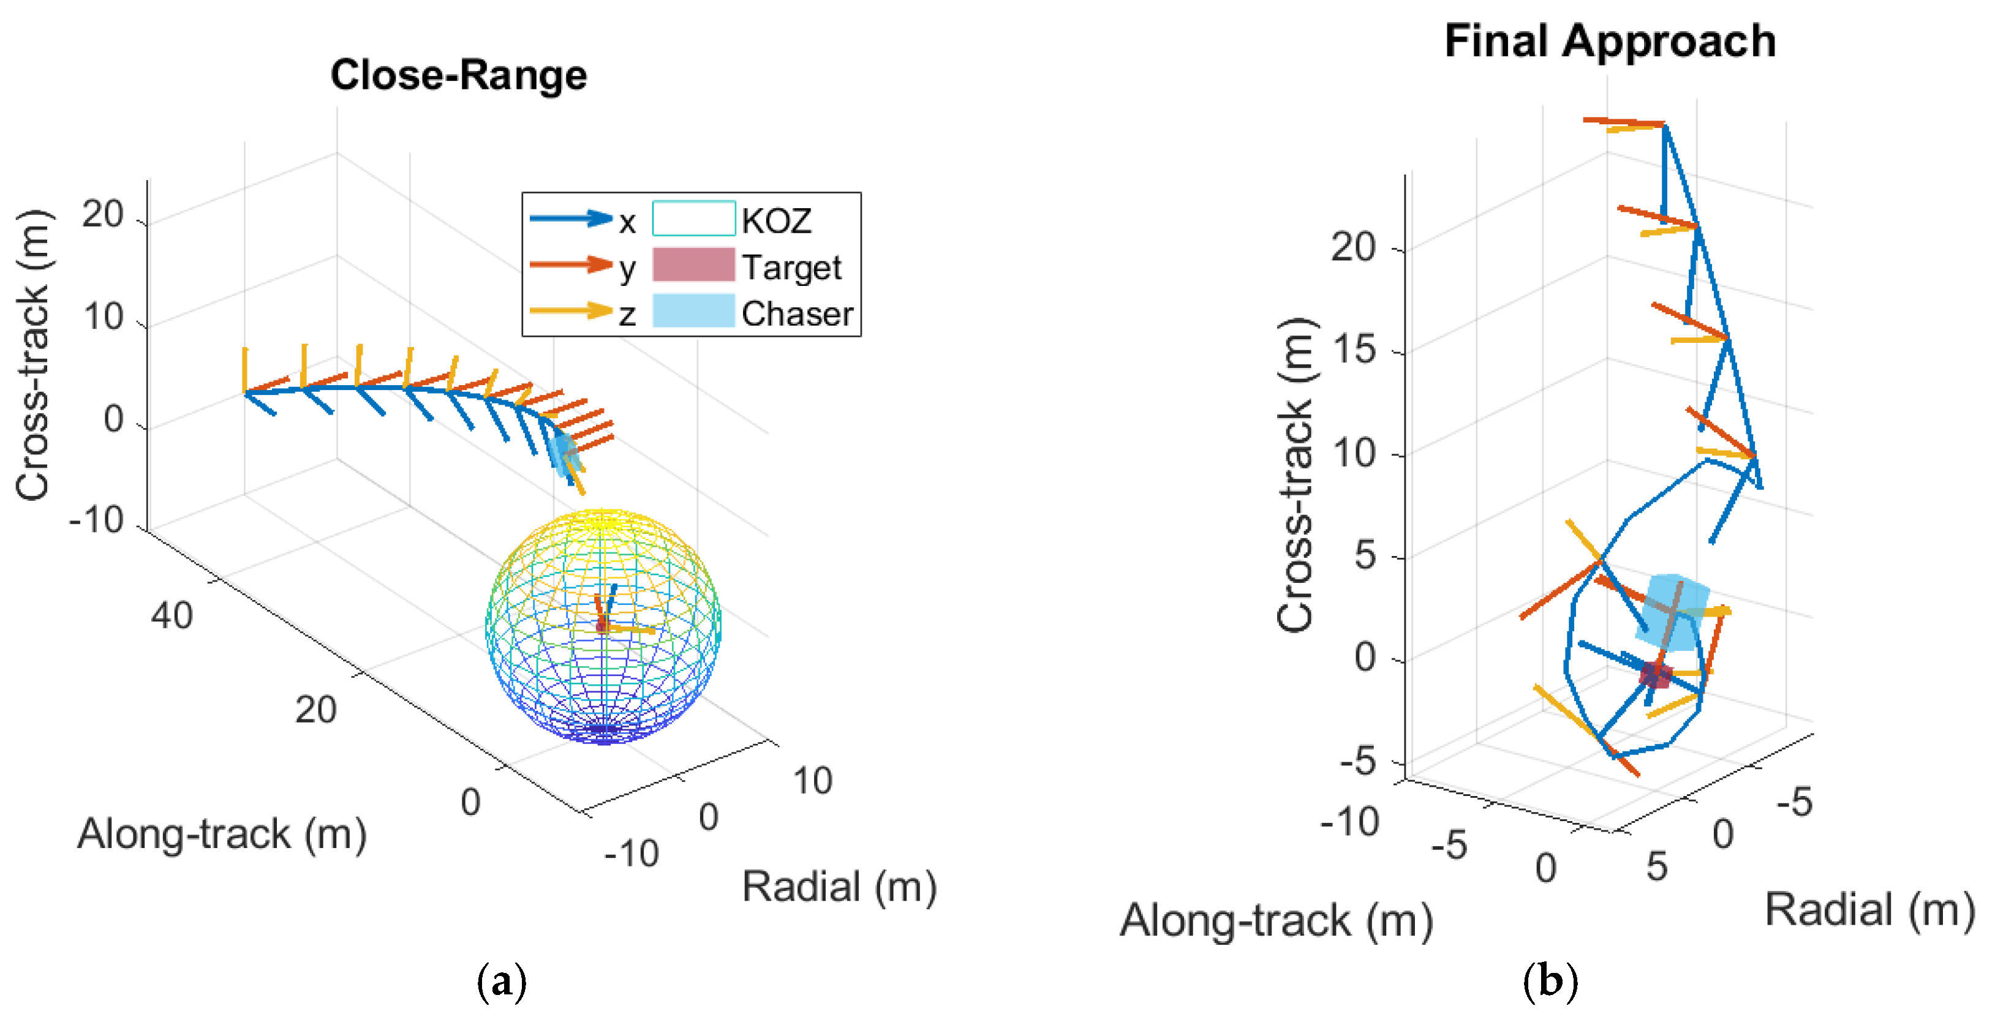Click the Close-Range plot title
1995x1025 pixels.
coord(459,76)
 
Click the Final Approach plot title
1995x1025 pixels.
coord(1609,41)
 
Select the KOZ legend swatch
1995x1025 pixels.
coord(693,219)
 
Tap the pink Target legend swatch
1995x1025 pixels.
coord(693,265)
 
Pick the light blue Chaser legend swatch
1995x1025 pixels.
coord(693,311)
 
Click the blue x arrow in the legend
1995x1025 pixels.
coord(571,219)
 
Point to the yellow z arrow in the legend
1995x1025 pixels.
coord(571,311)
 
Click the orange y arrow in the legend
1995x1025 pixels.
coord(571,265)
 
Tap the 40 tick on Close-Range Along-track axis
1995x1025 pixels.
coord(171,616)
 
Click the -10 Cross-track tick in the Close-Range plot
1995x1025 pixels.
coord(97,519)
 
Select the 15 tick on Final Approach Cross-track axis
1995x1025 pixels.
coord(1354,350)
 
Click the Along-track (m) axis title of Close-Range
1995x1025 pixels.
coord(222,835)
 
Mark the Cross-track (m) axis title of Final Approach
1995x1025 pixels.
coord(1295,475)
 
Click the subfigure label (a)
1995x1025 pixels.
coord(502,982)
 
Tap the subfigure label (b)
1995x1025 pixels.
coord(1550,982)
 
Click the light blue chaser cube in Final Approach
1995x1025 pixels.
coord(1673,612)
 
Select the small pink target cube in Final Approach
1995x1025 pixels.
coord(1656,675)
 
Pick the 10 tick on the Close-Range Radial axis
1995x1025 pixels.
coord(812,780)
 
